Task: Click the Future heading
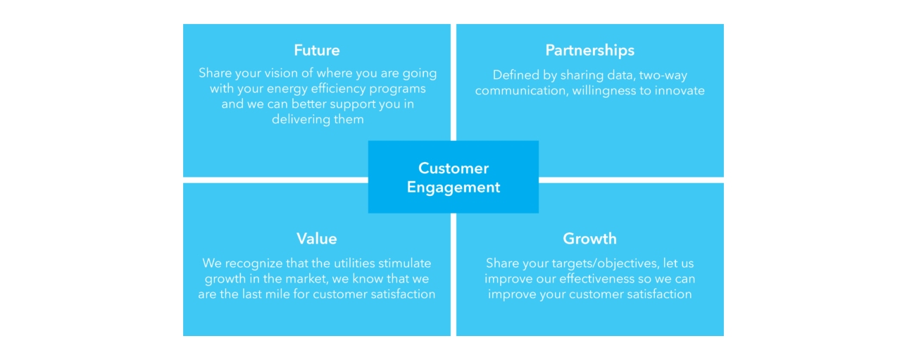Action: point(317,50)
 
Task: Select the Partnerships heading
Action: point(589,51)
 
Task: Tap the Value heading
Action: point(317,239)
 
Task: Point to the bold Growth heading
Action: point(589,239)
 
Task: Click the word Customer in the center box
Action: point(453,168)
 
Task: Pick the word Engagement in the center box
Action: point(453,187)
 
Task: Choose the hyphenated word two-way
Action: point(663,75)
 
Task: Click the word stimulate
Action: point(405,263)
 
